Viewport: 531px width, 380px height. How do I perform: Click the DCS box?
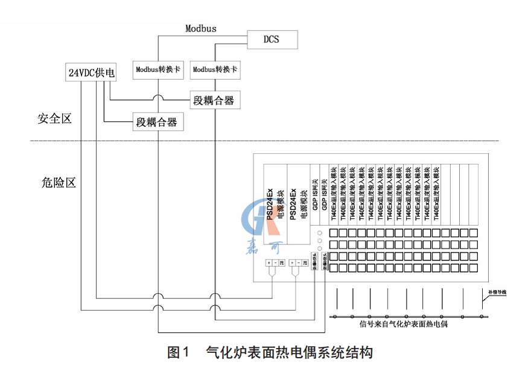point(272,40)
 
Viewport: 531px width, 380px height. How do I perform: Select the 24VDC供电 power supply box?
point(91,72)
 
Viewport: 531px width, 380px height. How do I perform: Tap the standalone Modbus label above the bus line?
point(201,28)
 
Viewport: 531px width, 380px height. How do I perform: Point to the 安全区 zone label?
point(54,119)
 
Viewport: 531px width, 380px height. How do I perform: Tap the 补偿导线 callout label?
point(498,293)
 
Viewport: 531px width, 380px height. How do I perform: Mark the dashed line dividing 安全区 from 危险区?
point(265,141)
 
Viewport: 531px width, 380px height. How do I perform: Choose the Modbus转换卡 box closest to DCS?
point(215,69)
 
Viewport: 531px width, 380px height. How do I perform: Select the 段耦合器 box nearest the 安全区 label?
point(156,122)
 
